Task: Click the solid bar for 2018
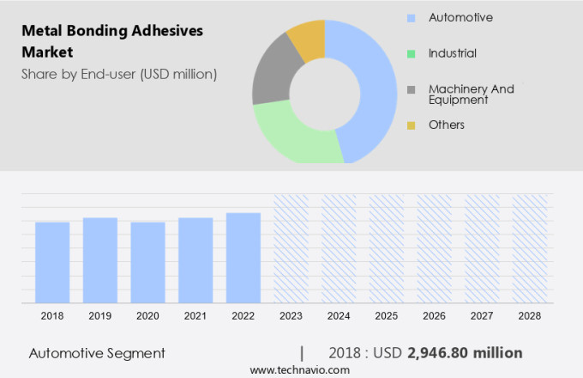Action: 52,262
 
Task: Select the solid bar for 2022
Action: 243,258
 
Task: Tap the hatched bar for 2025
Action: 387,249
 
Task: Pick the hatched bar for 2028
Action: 530,249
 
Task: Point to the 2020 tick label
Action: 147,316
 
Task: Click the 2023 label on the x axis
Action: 291,316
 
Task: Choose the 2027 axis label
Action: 482,316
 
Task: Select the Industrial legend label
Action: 453,53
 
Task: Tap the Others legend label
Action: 447,125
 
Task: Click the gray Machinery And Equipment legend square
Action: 412,89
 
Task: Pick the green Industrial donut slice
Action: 291,137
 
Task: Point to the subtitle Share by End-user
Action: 119,74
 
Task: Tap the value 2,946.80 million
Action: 465,353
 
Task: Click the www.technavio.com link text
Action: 299,369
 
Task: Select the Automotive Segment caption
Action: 97,353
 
